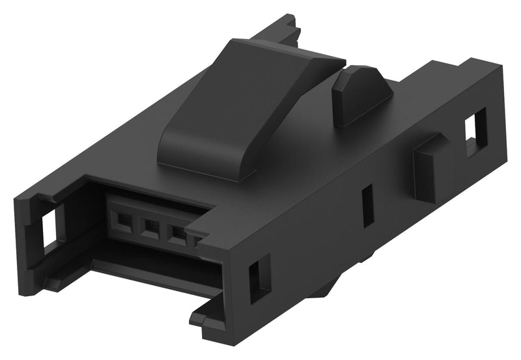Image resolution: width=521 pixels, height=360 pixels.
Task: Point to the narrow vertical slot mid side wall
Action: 368,205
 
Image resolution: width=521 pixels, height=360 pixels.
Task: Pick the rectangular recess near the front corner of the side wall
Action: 259,276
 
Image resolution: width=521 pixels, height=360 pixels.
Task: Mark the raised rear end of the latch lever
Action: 287,55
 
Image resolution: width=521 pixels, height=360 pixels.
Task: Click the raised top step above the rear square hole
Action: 456,78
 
